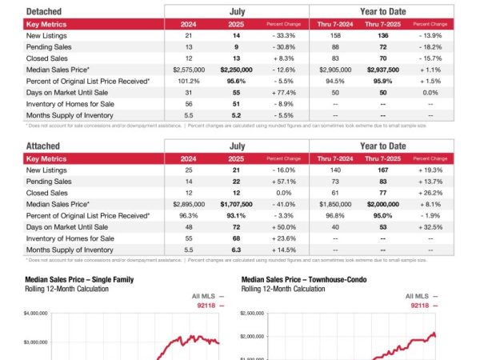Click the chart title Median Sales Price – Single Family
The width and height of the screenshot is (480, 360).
click(x=78, y=279)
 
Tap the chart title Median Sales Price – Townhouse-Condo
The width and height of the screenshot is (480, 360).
click(x=300, y=279)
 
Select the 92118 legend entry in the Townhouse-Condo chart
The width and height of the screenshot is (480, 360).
click(x=422, y=306)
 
